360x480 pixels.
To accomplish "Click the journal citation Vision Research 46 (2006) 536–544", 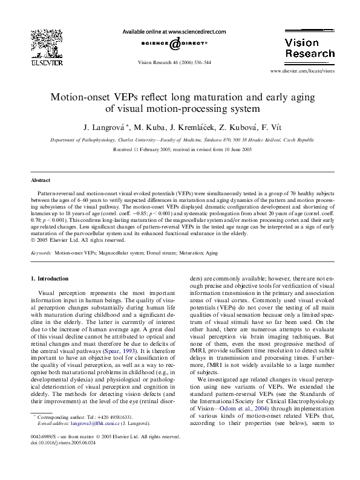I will tap(174, 62).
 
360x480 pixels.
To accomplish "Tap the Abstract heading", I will tap(41, 181).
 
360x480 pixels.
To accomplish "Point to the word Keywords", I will tap(41, 252).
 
